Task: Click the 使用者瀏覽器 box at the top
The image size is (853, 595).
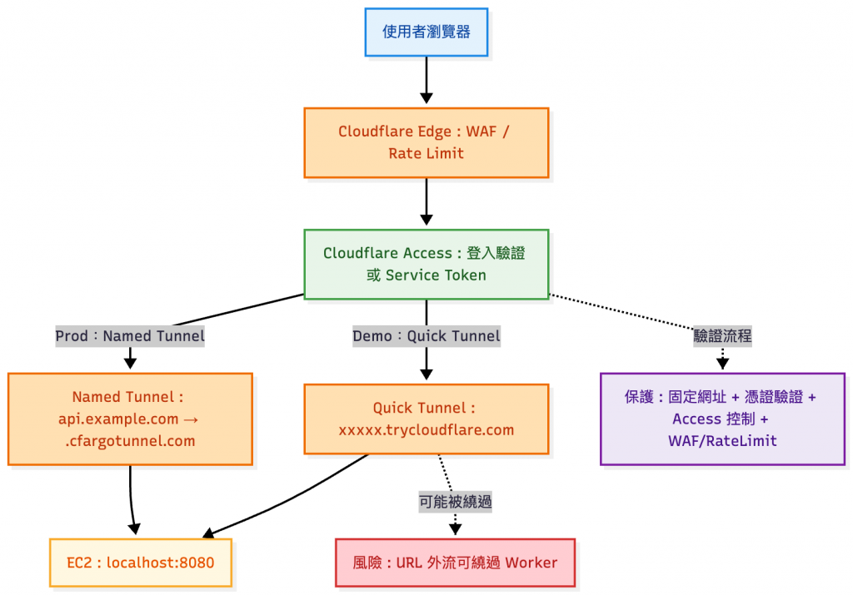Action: pos(426,32)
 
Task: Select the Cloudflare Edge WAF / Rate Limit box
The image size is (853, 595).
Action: pos(426,142)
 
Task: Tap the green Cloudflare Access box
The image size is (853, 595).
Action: pos(426,264)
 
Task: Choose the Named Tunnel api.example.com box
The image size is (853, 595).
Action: pos(130,419)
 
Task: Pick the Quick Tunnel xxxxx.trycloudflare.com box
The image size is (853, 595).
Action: pos(426,419)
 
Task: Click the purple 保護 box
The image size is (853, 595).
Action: pos(722,419)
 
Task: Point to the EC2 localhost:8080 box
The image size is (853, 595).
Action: pos(141,563)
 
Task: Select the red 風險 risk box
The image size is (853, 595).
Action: pos(455,563)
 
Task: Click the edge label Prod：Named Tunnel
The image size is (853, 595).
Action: pos(130,336)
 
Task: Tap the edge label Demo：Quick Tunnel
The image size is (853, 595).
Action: pos(426,336)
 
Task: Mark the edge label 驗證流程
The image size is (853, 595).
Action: pos(722,336)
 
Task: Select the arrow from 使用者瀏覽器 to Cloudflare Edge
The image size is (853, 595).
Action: pos(426,80)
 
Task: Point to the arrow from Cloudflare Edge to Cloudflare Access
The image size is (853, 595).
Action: pos(426,201)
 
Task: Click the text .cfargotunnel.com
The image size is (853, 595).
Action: pos(130,441)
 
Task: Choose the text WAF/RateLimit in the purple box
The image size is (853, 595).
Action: pos(722,441)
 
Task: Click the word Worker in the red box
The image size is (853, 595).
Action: pos(531,563)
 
